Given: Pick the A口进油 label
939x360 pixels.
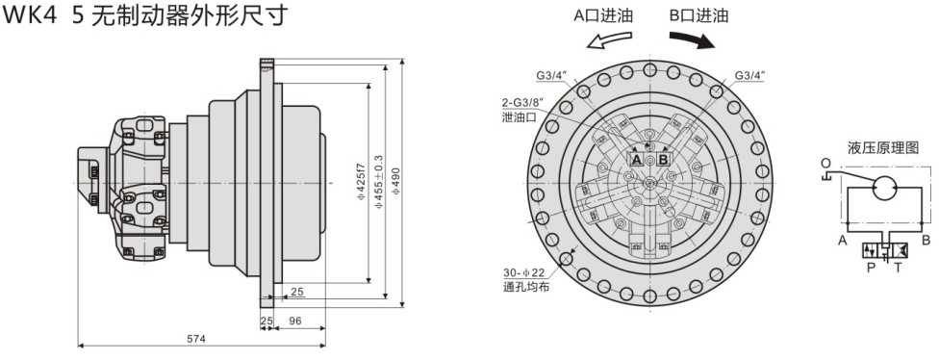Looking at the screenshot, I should pyautogui.click(x=602, y=15).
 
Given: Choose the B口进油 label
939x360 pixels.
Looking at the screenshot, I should pyautogui.click(x=698, y=15).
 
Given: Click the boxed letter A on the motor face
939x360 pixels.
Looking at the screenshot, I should pyautogui.click(x=636, y=158).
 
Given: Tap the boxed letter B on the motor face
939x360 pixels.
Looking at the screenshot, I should pyautogui.click(x=663, y=158).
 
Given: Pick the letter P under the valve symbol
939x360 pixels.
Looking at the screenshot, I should pyautogui.click(x=871, y=267).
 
